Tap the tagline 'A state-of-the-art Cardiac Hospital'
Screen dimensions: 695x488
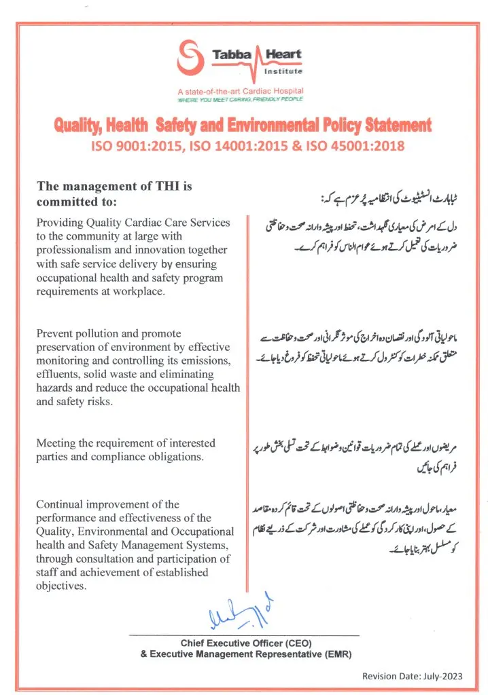[240, 91]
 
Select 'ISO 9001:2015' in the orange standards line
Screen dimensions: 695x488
[126, 145]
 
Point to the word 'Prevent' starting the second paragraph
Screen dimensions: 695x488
[55, 333]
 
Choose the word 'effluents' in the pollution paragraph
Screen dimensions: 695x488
[58, 374]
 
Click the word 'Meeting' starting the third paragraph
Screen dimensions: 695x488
[56, 443]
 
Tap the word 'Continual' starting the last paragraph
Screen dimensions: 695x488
[59, 504]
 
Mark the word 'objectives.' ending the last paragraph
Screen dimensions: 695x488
[61, 586]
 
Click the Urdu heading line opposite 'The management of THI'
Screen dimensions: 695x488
[388, 199]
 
